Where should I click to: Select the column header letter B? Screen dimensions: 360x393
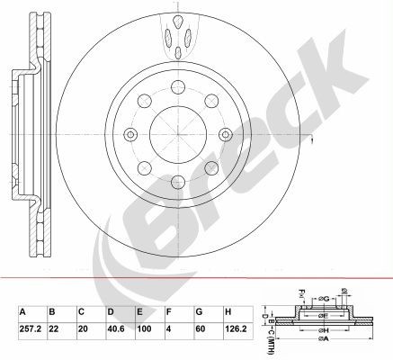coord(51,312)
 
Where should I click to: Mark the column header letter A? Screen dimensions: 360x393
coord(21,312)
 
